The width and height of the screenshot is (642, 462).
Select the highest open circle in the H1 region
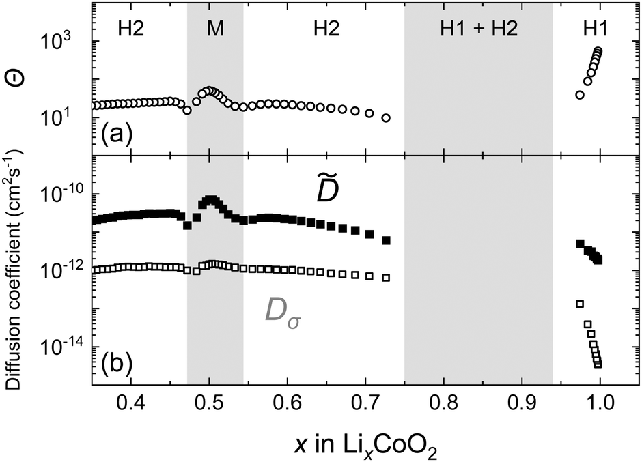(x=598, y=50)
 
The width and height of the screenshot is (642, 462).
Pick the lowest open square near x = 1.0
(x=598, y=364)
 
